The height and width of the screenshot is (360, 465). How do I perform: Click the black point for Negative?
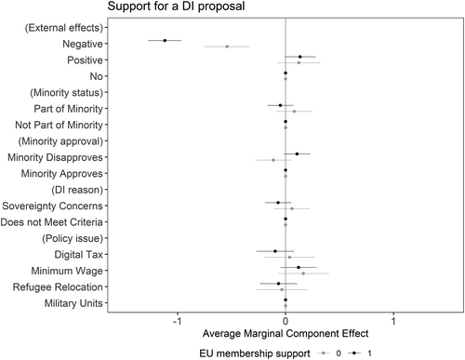click(165, 40)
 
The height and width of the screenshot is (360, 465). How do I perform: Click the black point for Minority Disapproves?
click(297, 154)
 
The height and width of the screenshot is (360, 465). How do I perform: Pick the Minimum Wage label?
click(71, 271)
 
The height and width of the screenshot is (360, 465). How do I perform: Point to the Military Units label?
click(73, 303)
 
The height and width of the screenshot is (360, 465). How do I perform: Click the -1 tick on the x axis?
click(177, 321)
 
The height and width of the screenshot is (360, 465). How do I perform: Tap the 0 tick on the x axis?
click(286, 321)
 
